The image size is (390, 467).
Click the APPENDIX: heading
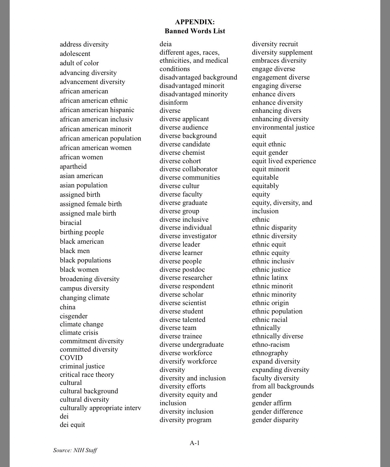tap(195, 22)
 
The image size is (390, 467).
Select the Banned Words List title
tap(195, 31)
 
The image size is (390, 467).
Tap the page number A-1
tap(195, 443)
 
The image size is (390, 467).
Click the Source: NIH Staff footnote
tap(75, 450)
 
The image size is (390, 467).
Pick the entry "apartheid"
tap(73, 166)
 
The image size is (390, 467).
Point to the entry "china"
tap(68, 307)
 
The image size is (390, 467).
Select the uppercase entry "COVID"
tap(71, 358)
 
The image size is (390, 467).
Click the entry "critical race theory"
tap(87, 375)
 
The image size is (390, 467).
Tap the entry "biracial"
tap(70, 223)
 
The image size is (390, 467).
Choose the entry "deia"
tap(166, 44)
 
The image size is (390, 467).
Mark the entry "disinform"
tap(174, 102)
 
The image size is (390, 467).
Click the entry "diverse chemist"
tap(182, 153)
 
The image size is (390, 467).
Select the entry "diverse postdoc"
tap(182, 270)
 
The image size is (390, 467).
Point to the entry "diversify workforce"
tap(188, 361)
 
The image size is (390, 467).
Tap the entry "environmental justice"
tap(283, 127)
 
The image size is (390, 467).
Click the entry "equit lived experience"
tap(284, 161)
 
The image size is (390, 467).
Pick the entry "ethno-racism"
tap(271, 345)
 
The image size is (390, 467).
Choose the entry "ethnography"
tap(270, 353)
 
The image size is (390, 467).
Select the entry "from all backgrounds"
tap(283, 386)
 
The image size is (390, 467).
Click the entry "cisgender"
tap(74, 316)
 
